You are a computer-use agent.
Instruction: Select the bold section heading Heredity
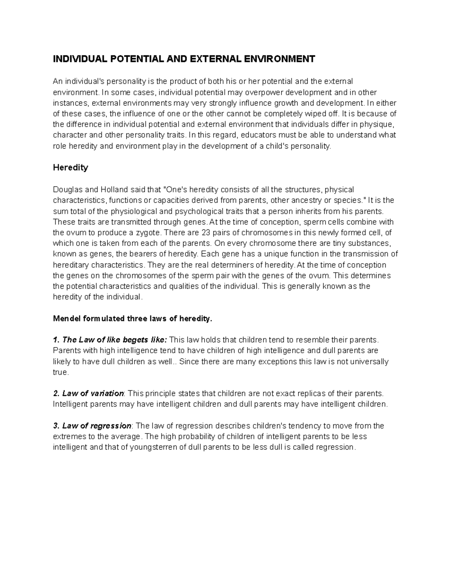(x=70, y=168)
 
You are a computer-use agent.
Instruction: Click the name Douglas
(x=66, y=189)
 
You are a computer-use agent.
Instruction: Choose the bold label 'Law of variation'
(x=93, y=394)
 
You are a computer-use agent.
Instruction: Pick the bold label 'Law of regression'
(x=97, y=426)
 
